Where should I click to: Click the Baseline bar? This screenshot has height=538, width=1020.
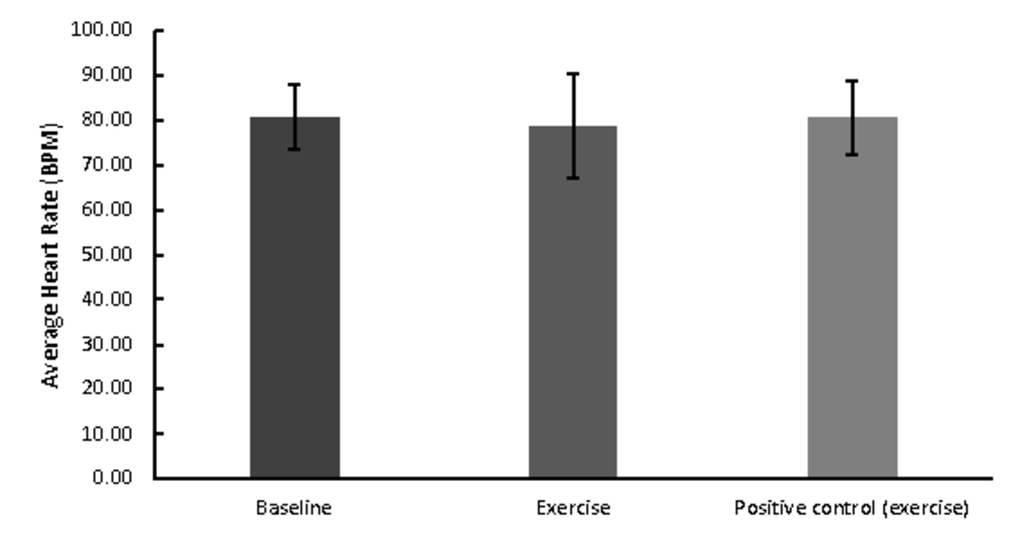294,297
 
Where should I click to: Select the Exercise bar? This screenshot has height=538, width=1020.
573,302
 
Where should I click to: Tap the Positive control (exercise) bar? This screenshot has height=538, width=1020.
852,297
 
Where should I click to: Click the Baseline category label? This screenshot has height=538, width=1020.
294,509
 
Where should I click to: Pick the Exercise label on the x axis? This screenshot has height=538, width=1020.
573,509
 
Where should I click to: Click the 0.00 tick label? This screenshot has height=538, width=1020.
113,478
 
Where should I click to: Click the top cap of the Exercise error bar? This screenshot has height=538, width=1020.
573,74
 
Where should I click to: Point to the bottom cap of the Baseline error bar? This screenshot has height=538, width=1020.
294,150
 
